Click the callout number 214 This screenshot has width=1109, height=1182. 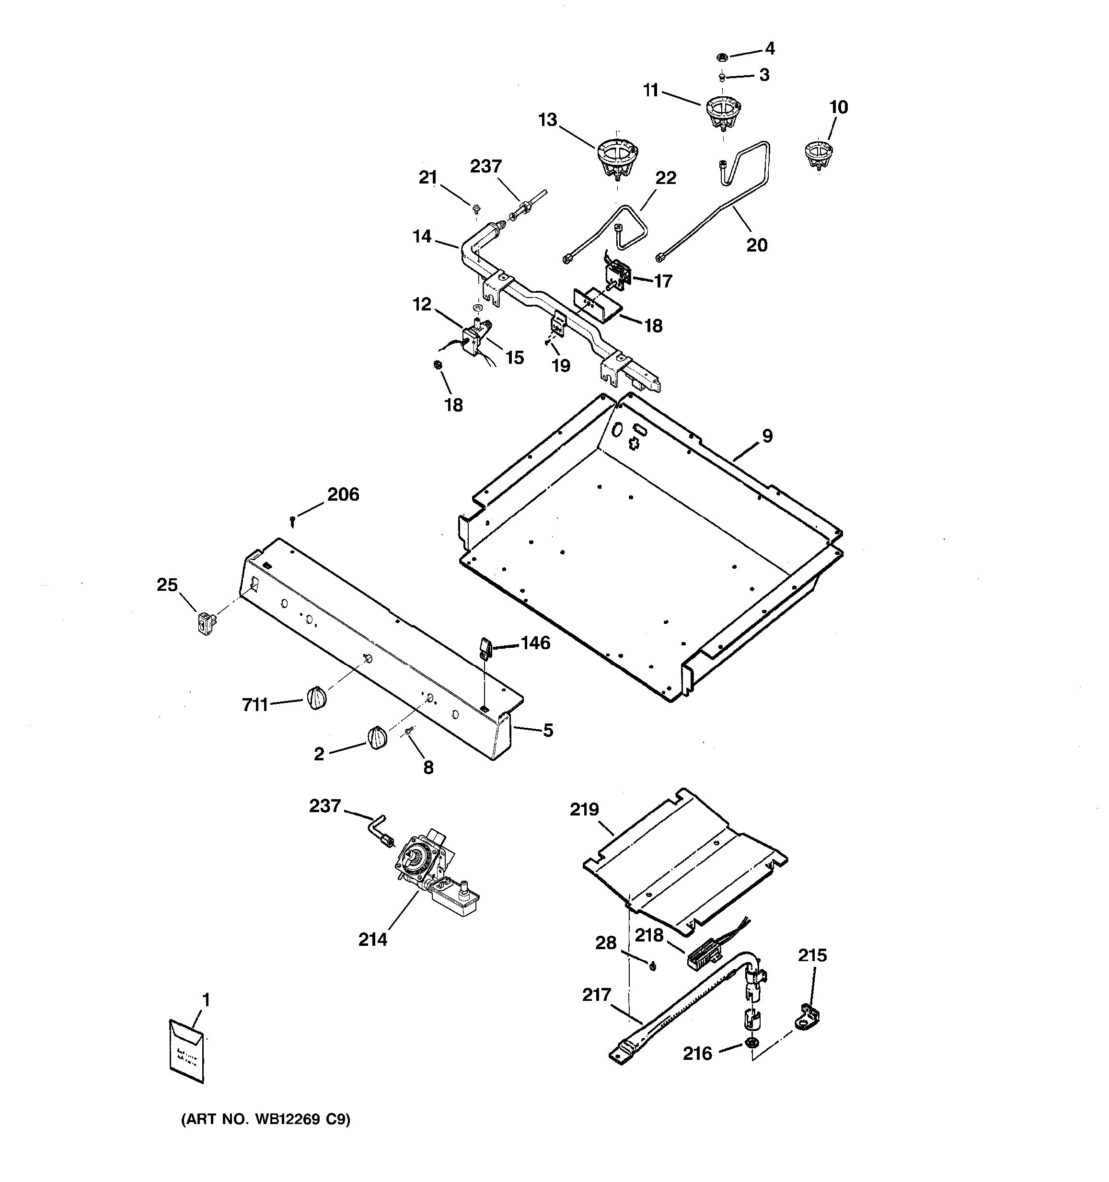click(372, 940)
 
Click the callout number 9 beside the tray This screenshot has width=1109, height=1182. click(767, 436)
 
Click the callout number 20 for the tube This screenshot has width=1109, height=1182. click(756, 245)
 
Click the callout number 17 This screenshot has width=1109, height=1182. click(663, 281)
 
